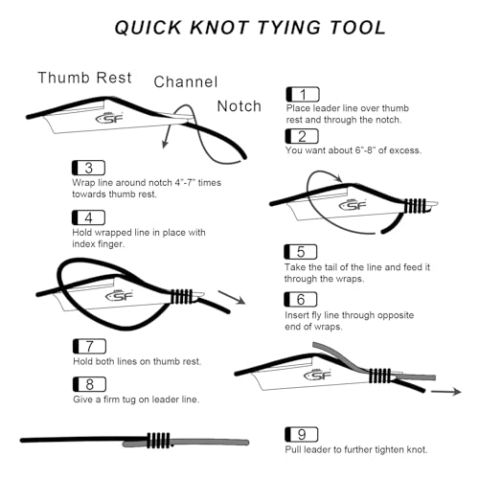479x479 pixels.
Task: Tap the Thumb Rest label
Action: point(84,78)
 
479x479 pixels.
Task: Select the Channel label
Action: point(186,82)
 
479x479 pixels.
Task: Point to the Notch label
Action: point(239,106)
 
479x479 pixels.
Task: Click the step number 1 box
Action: point(303,94)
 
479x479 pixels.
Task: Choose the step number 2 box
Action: point(302,136)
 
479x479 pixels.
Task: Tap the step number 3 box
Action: point(88,168)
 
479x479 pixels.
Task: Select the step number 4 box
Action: point(88,217)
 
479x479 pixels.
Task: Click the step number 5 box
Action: point(301,252)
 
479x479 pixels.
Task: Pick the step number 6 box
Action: point(301,300)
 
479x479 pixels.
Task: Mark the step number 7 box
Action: point(89,346)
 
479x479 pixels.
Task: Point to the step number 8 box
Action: point(89,384)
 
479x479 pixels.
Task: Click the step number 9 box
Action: point(302,434)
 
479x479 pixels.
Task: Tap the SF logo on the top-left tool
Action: point(109,119)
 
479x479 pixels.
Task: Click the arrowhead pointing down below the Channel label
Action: point(165,144)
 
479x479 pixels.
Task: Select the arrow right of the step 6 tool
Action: point(232,297)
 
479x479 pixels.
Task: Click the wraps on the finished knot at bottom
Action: point(158,441)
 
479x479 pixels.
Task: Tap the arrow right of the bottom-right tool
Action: point(446,392)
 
